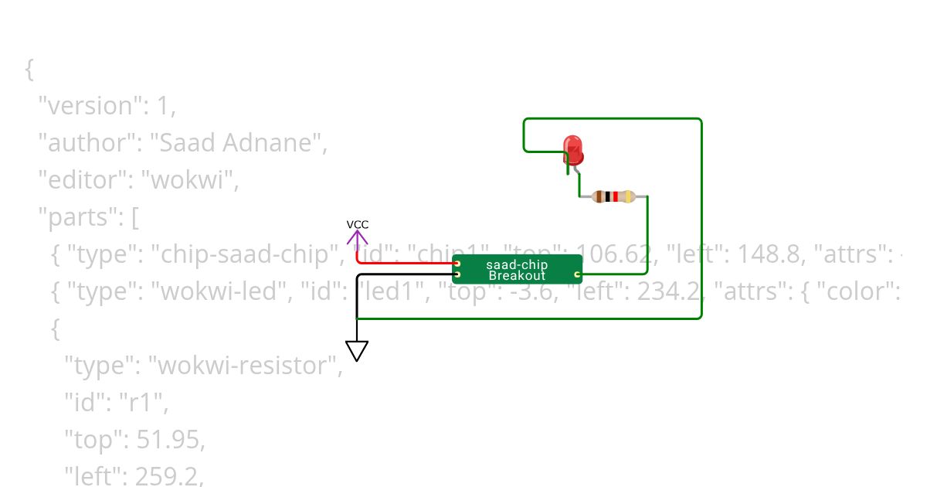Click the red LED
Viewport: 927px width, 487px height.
tap(572, 149)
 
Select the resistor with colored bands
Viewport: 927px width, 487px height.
tap(613, 196)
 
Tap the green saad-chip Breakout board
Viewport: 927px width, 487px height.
tap(516, 269)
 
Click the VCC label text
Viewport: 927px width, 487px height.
tap(358, 225)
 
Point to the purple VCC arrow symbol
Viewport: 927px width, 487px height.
tap(358, 237)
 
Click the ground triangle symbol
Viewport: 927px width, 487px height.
tap(357, 351)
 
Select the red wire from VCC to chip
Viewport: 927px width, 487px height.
tap(402, 263)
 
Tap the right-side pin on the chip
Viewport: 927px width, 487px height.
tap(577, 274)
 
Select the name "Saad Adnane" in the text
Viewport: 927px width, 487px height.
tap(233, 143)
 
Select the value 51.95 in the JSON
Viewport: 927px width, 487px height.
tap(170, 440)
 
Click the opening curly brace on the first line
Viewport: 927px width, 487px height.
tap(29, 69)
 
